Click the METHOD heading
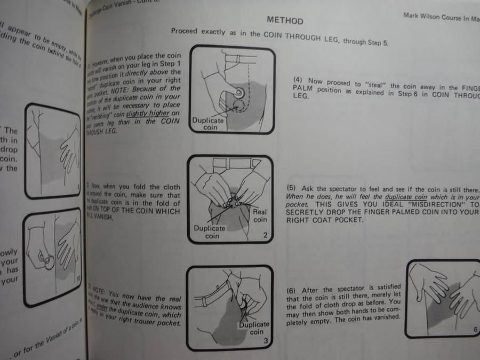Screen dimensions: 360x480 tap(285, 21)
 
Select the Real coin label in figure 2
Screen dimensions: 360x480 tap(260, 215)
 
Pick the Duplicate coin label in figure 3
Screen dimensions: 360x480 tap(254, 328)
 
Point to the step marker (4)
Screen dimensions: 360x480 tap(299, 81)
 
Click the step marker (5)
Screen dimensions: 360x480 tap(291, 189)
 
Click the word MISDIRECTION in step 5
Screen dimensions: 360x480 tap(437, 205)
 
